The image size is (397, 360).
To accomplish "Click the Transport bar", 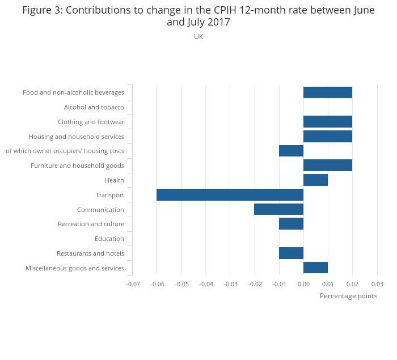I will (x=230, y=195).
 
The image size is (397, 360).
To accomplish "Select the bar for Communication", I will (x=278, y=209).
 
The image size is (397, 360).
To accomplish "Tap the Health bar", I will (x=315, y=180).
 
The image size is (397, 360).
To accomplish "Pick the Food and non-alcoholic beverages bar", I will (x=328, y=92).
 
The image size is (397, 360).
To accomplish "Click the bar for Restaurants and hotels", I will (x=291, y=253).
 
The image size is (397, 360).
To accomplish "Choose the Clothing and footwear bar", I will (x=328, y=121).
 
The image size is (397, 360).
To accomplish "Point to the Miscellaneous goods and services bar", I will (x=315, y=268).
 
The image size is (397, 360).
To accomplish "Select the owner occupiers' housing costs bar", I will (x=291, y=151).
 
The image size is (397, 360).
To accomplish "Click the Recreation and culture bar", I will (x=291, y=224).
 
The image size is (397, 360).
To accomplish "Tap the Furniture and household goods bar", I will (x=328, y=166).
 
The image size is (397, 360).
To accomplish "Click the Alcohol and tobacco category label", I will (x=94, y=107).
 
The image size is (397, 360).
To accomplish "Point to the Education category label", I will (x=109, y=239).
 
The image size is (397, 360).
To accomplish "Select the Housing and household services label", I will (x=77, y=137).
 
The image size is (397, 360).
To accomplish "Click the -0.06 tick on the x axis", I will (x=157, y=283).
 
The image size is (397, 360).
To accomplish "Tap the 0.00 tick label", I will (x=303, y=283).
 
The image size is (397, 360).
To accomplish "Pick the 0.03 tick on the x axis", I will (x=377, y=283).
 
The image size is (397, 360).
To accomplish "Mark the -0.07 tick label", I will (x=133, y=283).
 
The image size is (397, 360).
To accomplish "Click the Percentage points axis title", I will (x=348, y=296).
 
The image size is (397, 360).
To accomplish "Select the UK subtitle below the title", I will (x=198, y=37).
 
